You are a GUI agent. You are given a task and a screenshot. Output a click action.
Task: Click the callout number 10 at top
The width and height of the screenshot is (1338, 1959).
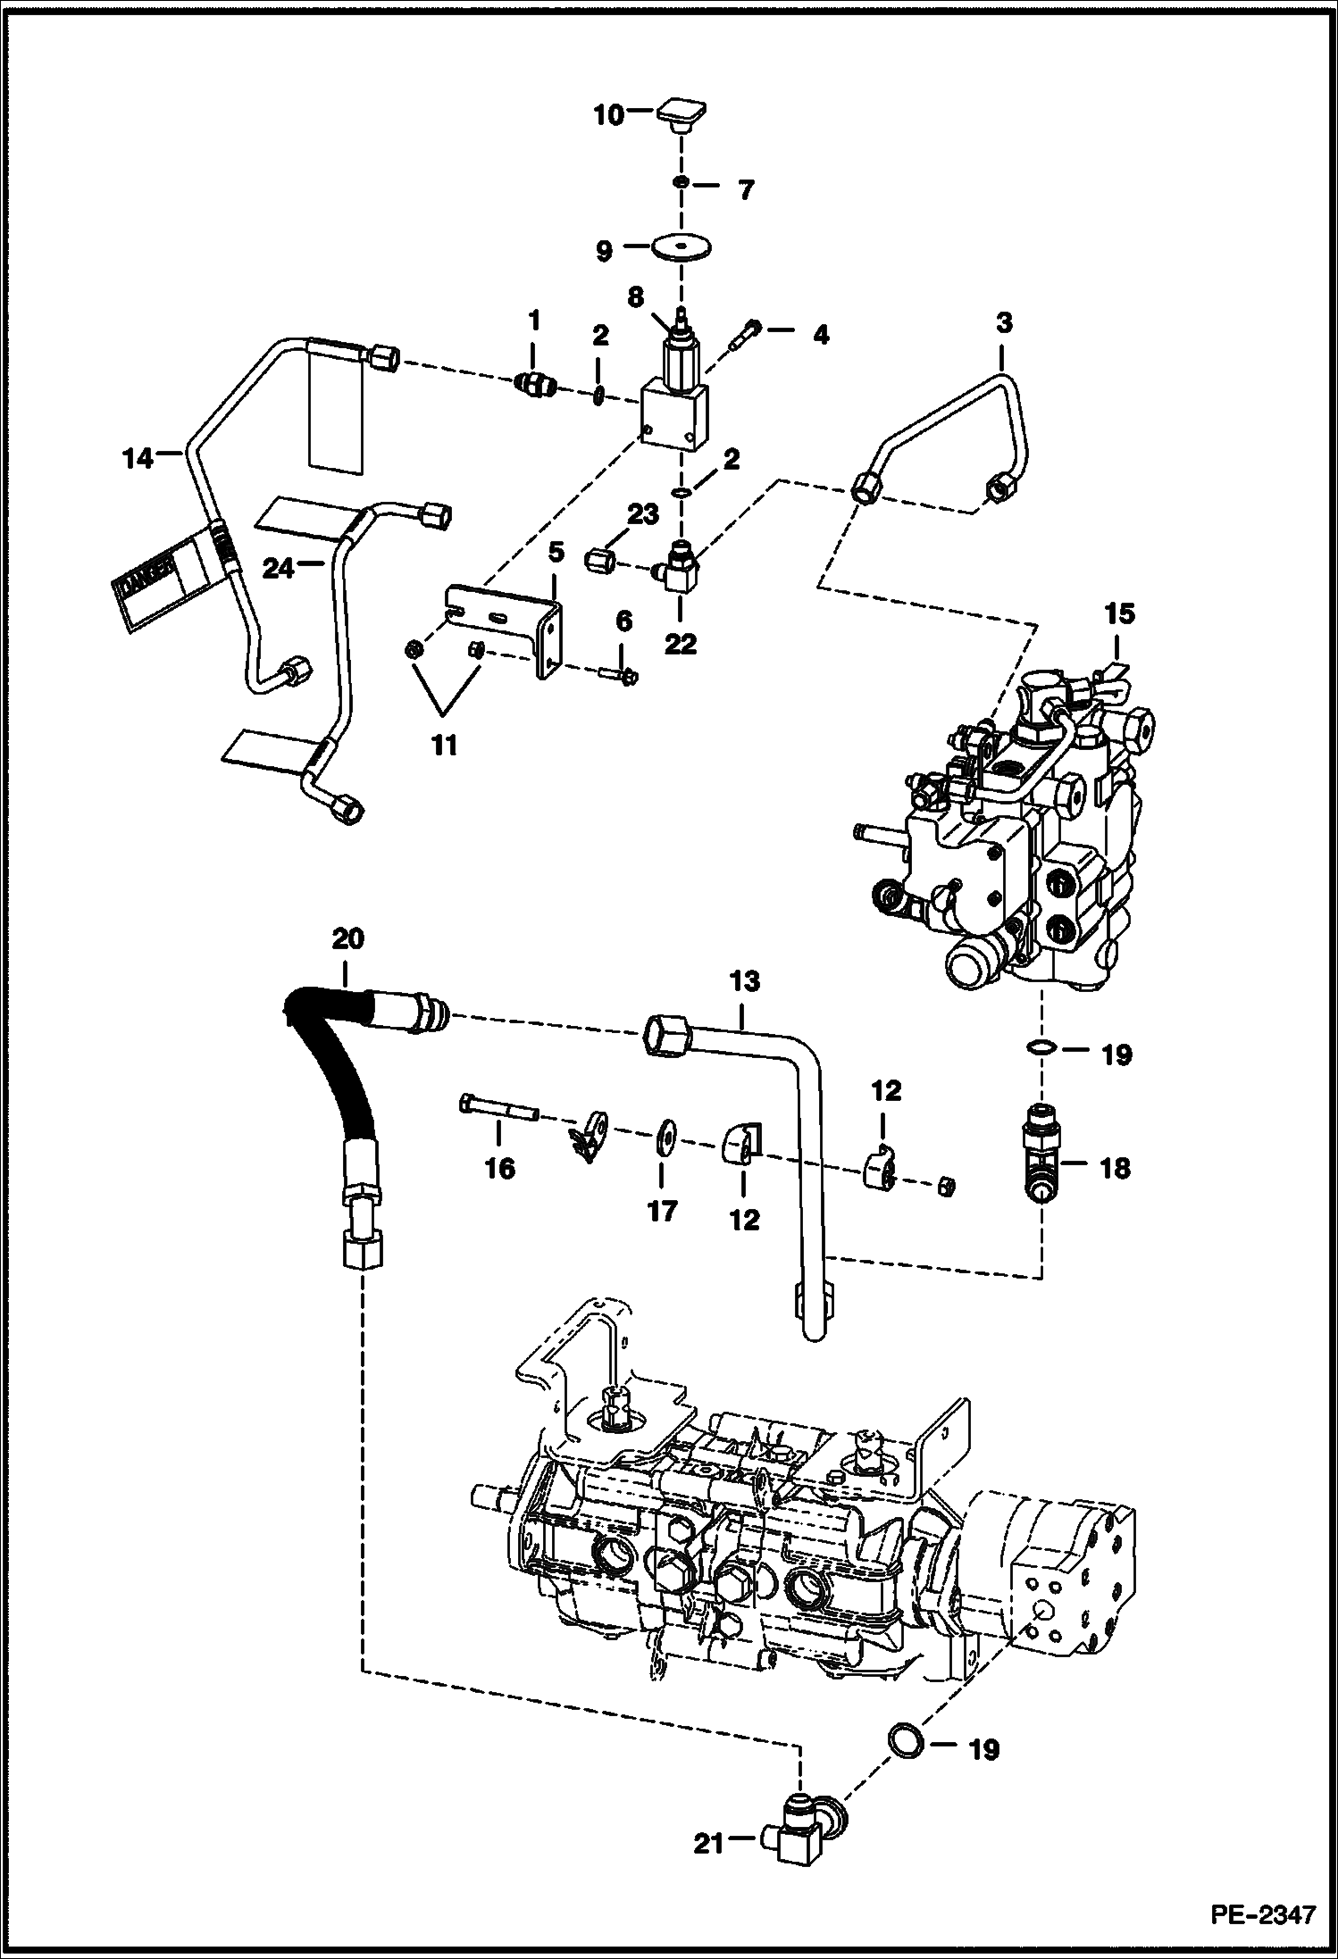[609, 115]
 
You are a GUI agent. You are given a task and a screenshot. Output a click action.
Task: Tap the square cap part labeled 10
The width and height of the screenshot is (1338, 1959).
[682, 116]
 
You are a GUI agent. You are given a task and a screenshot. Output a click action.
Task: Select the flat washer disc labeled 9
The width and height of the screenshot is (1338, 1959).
[681, 246]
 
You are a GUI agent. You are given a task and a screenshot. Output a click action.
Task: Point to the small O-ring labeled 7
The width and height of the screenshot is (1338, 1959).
[681, 184]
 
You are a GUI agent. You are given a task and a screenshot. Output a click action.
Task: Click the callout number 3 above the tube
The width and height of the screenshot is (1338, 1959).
[1003, 323]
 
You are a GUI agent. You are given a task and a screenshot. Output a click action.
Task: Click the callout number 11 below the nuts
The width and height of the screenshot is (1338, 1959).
[444, 744]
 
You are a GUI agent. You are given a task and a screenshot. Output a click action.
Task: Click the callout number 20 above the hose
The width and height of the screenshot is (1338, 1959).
[348, 939]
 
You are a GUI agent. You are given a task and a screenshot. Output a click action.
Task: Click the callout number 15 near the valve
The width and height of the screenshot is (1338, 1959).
[1120, 613]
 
